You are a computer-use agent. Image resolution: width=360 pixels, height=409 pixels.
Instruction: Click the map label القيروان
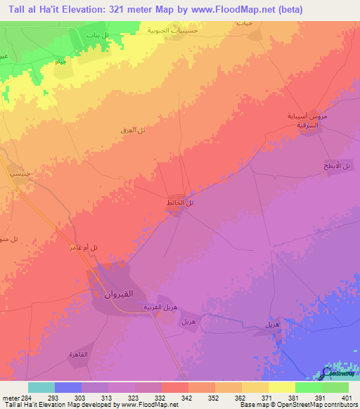click(x=120, y=292)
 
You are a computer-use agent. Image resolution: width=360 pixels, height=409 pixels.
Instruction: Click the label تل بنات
click(x=96, y=36)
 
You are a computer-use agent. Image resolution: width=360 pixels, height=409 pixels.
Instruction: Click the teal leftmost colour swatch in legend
click(x=41, y=387)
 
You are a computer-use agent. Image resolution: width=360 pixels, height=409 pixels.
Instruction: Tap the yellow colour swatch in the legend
click(x=282, y=387)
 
